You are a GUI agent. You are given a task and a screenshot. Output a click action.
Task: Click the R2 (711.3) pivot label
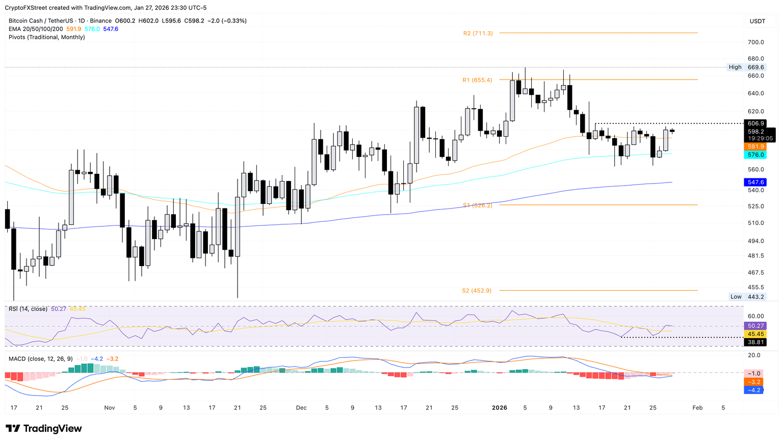coord(478,33)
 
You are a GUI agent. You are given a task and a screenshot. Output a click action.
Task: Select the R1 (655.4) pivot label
coord(477,80)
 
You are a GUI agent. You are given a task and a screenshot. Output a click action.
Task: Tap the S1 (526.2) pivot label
coord(477,205)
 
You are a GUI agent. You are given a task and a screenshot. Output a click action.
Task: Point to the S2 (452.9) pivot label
coord(477,291)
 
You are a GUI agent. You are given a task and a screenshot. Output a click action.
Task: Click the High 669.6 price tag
coord(746,67)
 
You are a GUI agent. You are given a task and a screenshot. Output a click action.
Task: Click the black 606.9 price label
coord(755,123)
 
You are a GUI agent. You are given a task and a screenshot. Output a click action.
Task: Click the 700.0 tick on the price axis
coord(755,42)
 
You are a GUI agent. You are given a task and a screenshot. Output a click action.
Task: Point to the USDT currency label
coord(757,21)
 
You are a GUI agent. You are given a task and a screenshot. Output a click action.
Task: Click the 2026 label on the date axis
coord(499,408)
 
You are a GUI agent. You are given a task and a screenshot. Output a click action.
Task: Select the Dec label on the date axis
coord(301,408)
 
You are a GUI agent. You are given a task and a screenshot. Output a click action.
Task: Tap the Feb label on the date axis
coord(697,408)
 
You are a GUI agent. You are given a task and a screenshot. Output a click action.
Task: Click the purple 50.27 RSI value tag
coord(755,326)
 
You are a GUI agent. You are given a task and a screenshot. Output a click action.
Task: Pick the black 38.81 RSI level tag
coord(755,343)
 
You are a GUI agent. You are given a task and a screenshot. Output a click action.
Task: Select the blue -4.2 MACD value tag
coord(753,390)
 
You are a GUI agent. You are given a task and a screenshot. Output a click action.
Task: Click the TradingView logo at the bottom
coord(44,429)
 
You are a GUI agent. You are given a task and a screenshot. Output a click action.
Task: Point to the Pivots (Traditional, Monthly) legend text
coord(47,37)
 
